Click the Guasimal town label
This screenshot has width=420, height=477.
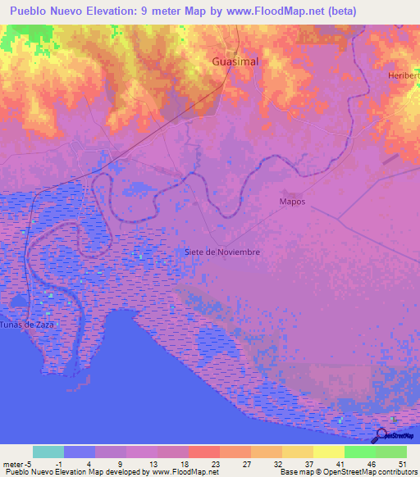tap(235, 61)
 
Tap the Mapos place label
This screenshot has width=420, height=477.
tap(292, 201)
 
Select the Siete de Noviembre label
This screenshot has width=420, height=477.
tap(222, 252)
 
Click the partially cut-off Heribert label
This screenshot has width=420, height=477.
tap(404, 75)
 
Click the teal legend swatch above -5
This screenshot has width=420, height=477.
tap(48, 452)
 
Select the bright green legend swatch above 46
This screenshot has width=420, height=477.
tap(359, 452)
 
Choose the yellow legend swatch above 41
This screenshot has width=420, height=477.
tap(328, 452)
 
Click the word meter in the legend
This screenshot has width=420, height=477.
tap(13, 463)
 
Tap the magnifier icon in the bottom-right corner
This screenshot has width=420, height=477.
tap(382, 436)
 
